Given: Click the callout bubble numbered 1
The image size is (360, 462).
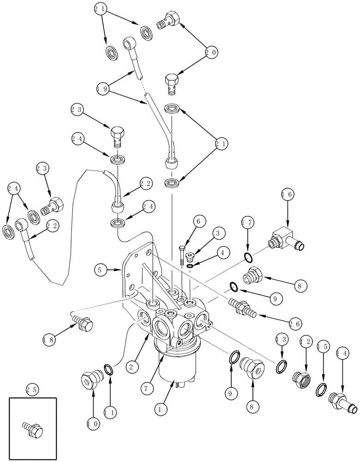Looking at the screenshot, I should pyautogui.click(x=160, y=408).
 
